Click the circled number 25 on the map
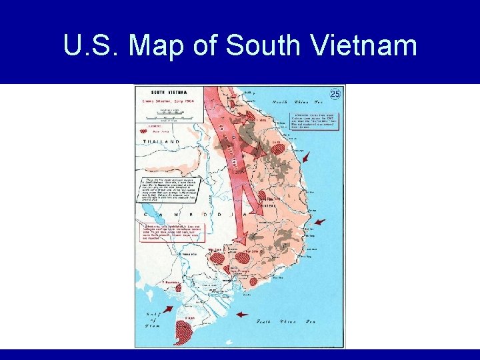335,94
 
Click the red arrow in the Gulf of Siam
166,309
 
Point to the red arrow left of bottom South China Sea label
241,315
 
